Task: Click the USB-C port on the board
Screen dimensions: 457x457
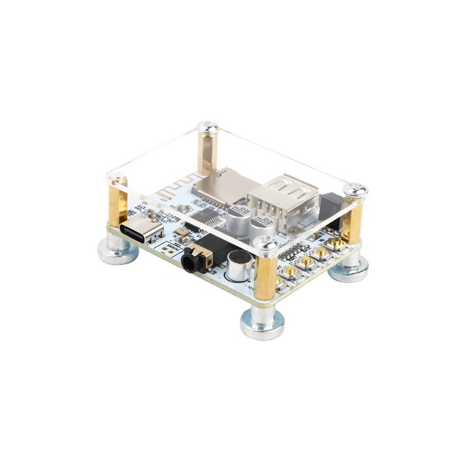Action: pyautogui.click(x=141, y=232)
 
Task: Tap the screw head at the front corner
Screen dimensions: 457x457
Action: pyautogui.click(x=264, y=243)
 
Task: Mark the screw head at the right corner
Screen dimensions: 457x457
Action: pyautogui.click(x=355, y=190)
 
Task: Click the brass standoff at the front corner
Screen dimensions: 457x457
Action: pyautogui.click(x=266, y=277)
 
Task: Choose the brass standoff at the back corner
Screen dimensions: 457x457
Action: pyautogui.click(x=208, y=152)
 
